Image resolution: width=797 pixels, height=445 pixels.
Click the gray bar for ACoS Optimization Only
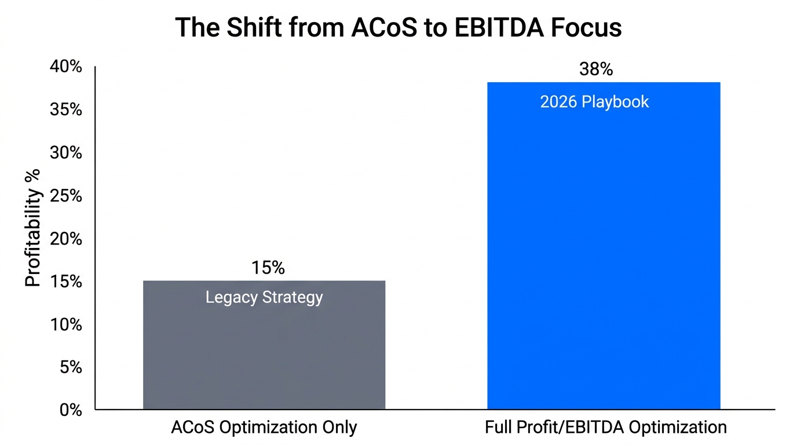tap(264, 353)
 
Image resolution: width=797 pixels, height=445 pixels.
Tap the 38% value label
tap(595, 70)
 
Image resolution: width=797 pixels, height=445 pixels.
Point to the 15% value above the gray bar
tap(268, 268)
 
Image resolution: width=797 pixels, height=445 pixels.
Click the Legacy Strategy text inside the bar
tap(264, 298)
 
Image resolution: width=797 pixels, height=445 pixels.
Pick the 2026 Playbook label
tap(594, 102)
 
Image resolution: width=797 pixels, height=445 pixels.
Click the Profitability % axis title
tap(33, 228)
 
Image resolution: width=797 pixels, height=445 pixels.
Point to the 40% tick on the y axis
tap(66, 67)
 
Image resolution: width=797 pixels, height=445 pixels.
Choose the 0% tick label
tap(70, 410)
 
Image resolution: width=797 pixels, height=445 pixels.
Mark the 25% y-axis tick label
tap(66, 196)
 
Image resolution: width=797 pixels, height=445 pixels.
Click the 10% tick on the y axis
tap(66, 324)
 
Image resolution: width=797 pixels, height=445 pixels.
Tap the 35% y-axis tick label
tap(66, 110)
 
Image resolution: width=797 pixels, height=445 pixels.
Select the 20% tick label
tap(66, 239)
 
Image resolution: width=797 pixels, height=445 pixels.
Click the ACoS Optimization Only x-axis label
tap(264, 428)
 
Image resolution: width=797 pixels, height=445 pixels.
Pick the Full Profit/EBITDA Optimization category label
tap(605, 428)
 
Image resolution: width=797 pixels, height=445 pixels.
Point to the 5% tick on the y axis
tap(70, 367)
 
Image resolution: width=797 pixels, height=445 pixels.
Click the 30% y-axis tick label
tap(66, 153)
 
